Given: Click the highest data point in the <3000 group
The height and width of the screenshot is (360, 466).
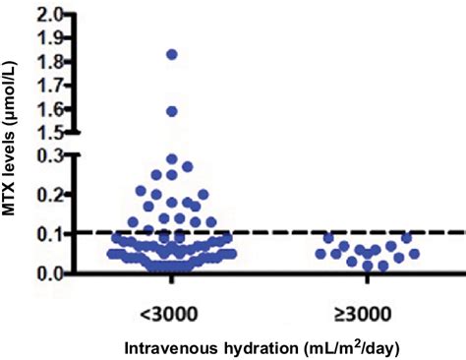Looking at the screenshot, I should click(x=171, y=54).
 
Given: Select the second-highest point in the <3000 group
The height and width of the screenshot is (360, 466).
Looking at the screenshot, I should click(x=171, y=111).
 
